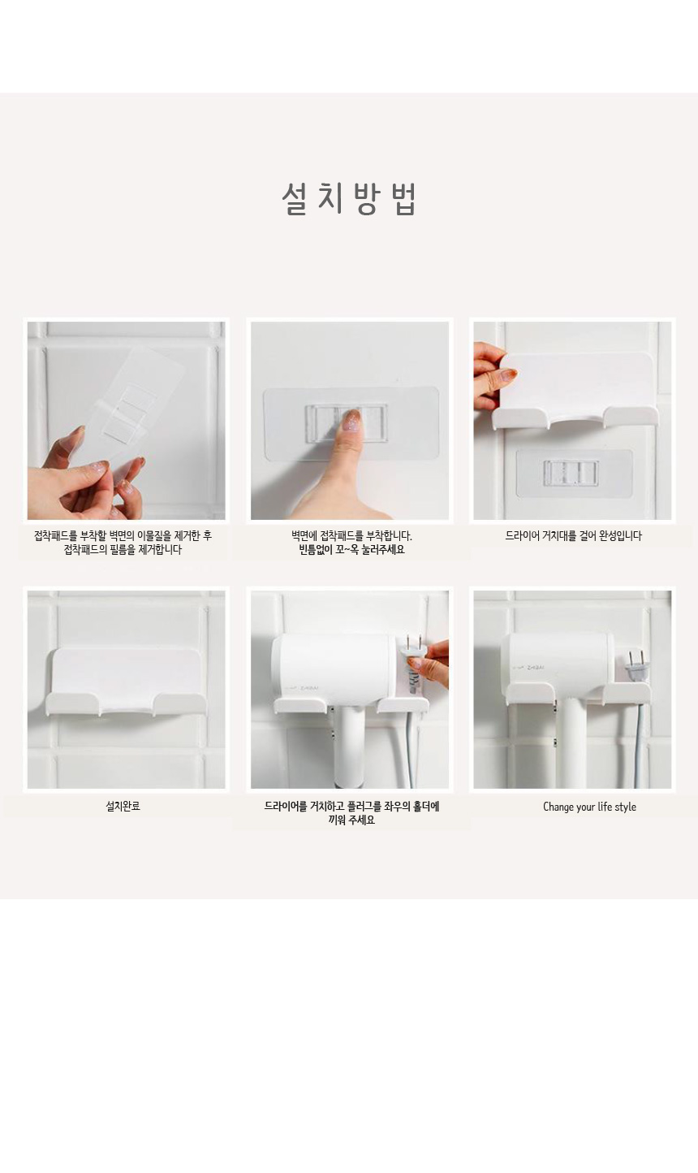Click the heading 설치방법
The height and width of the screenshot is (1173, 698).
pyautogui.click(x=349, y=199)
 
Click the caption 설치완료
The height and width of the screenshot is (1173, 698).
pyautogui.click(x=123, y=807)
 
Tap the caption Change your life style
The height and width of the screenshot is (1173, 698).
pyautogui.click(x=589, y=807)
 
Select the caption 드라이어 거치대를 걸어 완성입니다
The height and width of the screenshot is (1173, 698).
pyautogui.click(x=573, y=535)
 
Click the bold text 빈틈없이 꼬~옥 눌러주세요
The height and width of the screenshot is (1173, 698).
pyautogui.click(x=351, y=550)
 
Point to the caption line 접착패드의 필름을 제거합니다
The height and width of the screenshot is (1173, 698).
pyautogui.click(x=123, y=550)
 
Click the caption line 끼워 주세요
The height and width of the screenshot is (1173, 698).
pyautogui.click(x=351, y=820)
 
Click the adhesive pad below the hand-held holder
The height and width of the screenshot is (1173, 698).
pyautogui.click(x=574, y=473)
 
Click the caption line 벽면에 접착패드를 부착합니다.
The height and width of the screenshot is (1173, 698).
pyautogui.click(x=351, y=535)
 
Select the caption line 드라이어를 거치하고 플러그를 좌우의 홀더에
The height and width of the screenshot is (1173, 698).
pyautogui.click(x=351, y=807)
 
